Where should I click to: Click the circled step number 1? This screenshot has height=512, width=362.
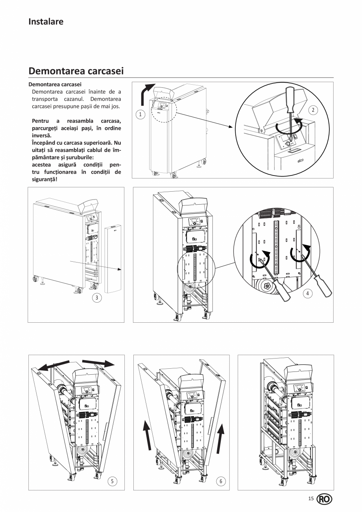tap(139, 115)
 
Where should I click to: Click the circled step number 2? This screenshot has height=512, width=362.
tap(313, 110)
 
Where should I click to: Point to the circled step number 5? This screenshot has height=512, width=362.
tap(113, 481)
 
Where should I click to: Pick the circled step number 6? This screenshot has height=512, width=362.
tap(221, 481)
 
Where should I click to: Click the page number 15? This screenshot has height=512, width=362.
tap(311, 499)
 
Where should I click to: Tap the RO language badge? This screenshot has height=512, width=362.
tap(325, 499)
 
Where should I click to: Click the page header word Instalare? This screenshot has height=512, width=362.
tap(46, 22)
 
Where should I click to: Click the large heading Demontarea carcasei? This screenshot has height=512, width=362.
tap(76, 71)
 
